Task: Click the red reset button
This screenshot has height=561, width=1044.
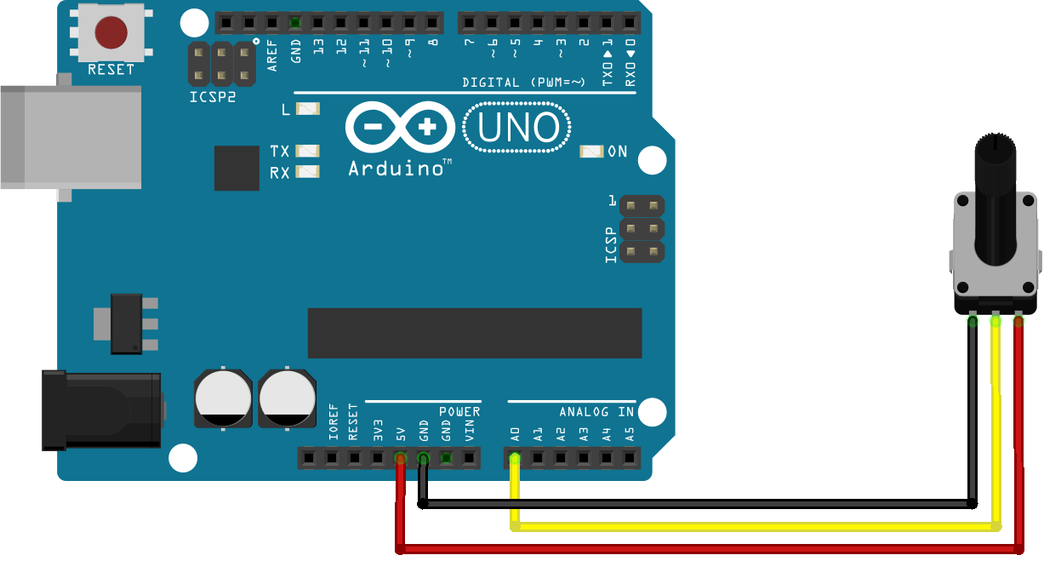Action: coord(111,32)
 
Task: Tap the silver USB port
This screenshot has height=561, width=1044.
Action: coord(71,138)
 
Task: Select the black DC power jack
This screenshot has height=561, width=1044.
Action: coord(101,411)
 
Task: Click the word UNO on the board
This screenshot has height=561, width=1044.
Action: coord(517,128)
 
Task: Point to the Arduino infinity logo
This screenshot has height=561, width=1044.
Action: coord(400,127)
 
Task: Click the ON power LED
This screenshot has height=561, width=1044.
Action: coord(591,152)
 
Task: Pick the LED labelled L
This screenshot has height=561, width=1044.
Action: coord(308,109)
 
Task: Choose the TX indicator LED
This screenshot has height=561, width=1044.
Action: coord(308,151)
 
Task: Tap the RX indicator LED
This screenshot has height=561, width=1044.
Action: coord(308,172)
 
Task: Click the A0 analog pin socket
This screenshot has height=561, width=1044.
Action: coord(515,458)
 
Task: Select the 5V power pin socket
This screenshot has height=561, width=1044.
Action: coord(401,458)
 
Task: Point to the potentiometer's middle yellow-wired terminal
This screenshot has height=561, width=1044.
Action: coord(996,321)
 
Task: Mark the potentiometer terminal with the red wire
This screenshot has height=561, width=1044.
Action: coord(1018,321)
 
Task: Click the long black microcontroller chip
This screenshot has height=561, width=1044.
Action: coord(475,333)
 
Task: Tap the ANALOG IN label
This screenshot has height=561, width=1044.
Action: coord(596,412)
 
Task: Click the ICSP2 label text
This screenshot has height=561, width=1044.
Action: coord(213,97)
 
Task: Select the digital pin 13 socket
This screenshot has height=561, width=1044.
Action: coord(318,22)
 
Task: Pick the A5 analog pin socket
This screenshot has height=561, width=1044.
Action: coord(629,458)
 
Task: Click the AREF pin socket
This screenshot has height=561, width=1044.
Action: coord(272,22)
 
